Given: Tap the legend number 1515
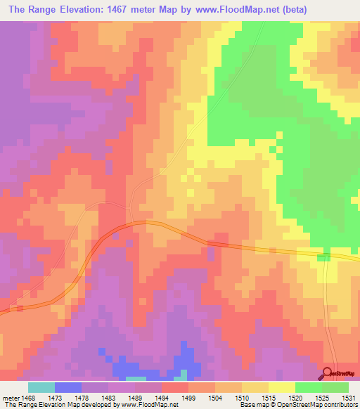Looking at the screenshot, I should click(x=269, y=398).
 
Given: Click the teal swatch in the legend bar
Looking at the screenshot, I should click(x=41, y=387).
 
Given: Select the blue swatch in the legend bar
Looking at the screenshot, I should click(x=67, y=387).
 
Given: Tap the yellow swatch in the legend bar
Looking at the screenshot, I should click(x=281, y=387).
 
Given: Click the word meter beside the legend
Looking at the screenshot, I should click(x=12, y=398).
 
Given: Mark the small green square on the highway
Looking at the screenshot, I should click(x=323, y=258).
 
